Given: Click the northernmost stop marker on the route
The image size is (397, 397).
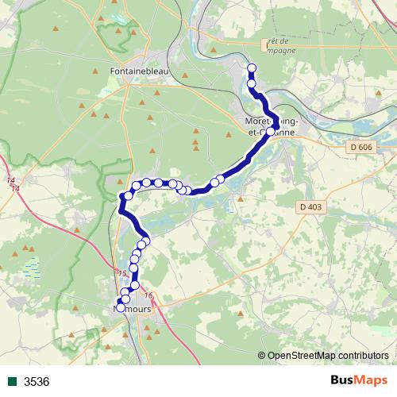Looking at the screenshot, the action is (x=252, y=67).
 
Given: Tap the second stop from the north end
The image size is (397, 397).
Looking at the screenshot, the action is (x=252, y=83).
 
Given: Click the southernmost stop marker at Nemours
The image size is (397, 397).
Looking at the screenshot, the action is (x=121, y=308).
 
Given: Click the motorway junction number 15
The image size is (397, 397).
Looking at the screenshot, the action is (x=121, y=273).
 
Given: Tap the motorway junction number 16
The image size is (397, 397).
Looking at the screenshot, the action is (x=148, y=296).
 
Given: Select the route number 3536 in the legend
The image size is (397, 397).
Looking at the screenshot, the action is (x=37, y=382).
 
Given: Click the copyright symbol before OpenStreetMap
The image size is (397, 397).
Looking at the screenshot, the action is (x=262, y=356).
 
